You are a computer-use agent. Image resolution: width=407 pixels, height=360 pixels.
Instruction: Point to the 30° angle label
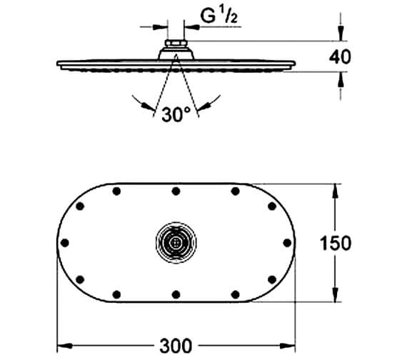pyautogui.click(x=176, y=114)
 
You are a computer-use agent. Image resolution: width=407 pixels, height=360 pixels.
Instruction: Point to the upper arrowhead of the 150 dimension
pyautogui.click(x=336, y=189)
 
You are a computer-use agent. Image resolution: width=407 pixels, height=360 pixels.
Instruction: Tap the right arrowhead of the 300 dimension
pyautogui.click(x=291, y=346)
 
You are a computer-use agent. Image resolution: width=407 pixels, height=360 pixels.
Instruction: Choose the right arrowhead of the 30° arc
pyautogui.click(x=201, y=107)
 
